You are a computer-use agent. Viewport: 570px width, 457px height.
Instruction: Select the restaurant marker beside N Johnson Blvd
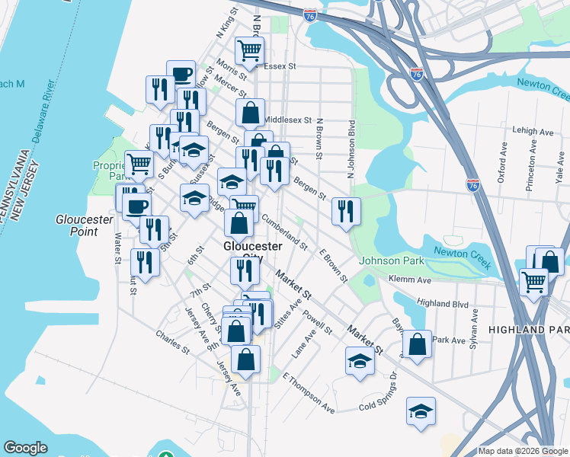[x=346, y=210]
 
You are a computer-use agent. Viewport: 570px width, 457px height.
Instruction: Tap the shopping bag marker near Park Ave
[x=418, y=344]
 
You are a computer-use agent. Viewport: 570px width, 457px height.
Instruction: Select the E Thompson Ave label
[x=308, y=393]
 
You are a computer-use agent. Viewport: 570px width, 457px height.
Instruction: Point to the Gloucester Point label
[x=85, y=225]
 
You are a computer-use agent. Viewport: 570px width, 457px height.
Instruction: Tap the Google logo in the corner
[x=25, y=448]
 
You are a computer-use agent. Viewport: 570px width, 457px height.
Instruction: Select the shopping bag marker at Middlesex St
[x=250, y=113]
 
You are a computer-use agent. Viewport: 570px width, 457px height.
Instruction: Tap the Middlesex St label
[x=288, y=120]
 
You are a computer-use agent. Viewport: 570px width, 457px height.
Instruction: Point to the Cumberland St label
[x=284, y=232]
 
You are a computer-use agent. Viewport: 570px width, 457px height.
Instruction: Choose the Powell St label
[x=318, y=321]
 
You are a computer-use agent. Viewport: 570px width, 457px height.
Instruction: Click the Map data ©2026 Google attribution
[x=524, y=451]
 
